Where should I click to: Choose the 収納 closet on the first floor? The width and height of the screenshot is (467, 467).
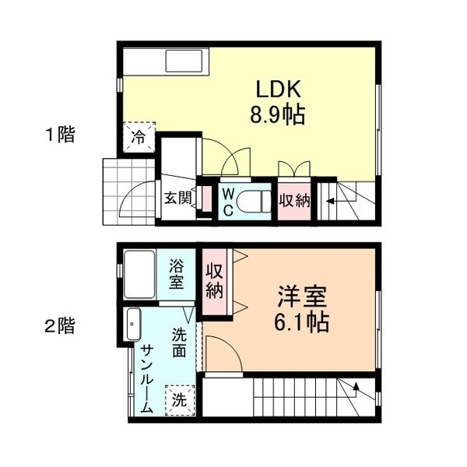point(296,201)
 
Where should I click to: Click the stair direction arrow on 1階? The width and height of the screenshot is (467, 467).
point(328,203)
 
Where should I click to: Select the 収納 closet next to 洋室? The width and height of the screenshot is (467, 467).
point(215,282)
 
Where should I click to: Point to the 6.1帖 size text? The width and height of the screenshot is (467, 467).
point(303,321)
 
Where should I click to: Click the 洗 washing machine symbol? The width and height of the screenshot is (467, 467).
point(180,401)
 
